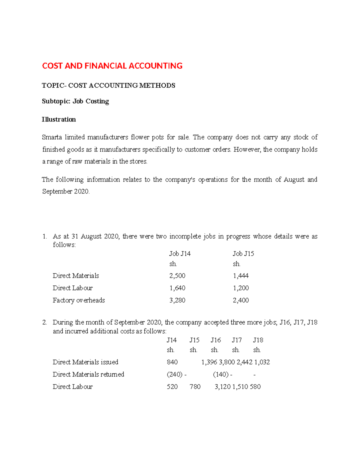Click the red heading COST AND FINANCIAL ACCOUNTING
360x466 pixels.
point(112,66)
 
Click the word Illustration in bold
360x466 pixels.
point(59,119)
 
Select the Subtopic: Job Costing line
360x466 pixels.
point(75,101)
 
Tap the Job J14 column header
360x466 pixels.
point(180,254)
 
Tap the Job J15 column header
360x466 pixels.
point(243,254)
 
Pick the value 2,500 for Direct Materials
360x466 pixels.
point(177,276)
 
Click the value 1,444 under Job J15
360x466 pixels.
point(241,276)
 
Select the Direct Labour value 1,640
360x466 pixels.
point(177,288)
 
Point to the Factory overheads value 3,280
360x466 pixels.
point(177,300)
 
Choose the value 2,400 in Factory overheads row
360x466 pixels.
point(241,300)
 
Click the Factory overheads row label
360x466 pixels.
point(79,300)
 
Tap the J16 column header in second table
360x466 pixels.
point(215,340)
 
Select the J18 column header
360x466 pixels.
point(258,340)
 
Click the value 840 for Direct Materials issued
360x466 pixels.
point(172,362)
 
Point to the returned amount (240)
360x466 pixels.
point(175,374)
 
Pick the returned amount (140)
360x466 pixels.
point(221,374)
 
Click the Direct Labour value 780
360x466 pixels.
point(195,387)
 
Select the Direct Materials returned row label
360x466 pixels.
point(88,374)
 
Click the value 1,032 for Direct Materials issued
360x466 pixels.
point(262,362)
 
